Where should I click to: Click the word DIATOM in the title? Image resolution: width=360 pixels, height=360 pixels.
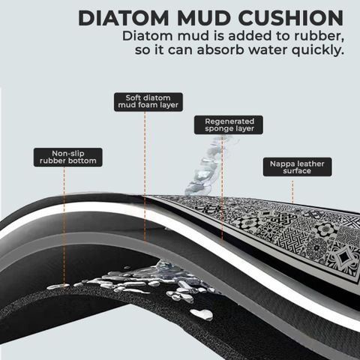click(124, 18)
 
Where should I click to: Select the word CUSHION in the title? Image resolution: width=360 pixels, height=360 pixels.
click(291, 18)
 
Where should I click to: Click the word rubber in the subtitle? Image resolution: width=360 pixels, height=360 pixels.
click(319, 36)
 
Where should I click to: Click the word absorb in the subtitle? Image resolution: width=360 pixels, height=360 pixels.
click(220, 50)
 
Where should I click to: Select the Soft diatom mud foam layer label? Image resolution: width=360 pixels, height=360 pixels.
click(148, 102)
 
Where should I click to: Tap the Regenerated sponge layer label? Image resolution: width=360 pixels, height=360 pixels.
click(229, 124)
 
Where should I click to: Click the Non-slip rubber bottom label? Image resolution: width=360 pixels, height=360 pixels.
click(68, 157)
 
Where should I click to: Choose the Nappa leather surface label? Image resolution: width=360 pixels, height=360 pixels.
click(298, 167)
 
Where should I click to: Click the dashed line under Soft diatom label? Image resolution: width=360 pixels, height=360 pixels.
click(145, 177)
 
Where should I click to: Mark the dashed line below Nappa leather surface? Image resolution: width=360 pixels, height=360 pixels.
click(292, 192)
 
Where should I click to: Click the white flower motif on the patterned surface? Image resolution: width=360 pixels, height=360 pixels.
click(325, 229)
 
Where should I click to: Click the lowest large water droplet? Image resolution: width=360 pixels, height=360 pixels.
click(202, 314)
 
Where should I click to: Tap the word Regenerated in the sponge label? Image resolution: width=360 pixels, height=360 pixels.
click(229, 121)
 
